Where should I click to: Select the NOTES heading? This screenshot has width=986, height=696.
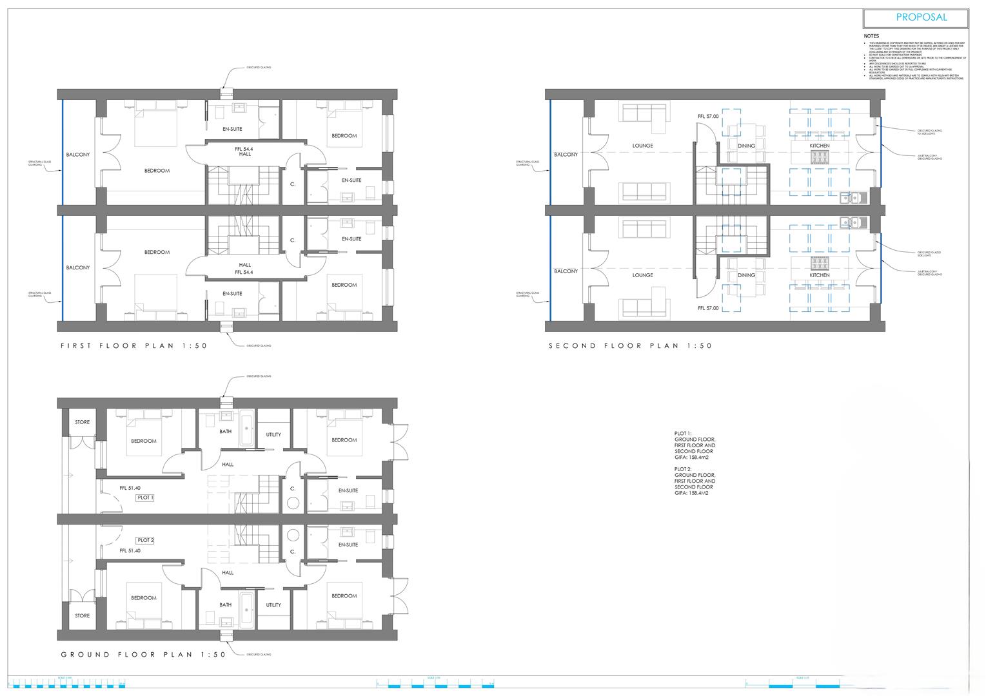871,36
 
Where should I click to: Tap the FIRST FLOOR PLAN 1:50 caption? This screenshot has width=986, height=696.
134,346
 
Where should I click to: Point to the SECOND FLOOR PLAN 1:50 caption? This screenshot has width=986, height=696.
630,346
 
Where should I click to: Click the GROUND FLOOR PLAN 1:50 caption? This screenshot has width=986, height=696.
143,655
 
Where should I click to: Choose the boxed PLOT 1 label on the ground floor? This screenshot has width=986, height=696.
145,498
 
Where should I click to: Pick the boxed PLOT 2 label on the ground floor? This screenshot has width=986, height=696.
145,540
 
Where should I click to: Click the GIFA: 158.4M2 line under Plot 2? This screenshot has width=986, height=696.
691,493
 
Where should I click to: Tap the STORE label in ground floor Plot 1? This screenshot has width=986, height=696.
83,422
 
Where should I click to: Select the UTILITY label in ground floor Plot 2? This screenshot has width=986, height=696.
273,605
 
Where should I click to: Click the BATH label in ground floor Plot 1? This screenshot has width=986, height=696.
225,432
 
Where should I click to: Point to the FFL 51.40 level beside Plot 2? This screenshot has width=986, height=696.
130,551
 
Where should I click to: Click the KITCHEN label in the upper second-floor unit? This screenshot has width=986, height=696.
820,146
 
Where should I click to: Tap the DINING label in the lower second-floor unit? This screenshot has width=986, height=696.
746,275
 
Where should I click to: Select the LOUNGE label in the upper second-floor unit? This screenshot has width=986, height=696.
642,146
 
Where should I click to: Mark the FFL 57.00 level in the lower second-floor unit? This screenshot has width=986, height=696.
708,309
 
